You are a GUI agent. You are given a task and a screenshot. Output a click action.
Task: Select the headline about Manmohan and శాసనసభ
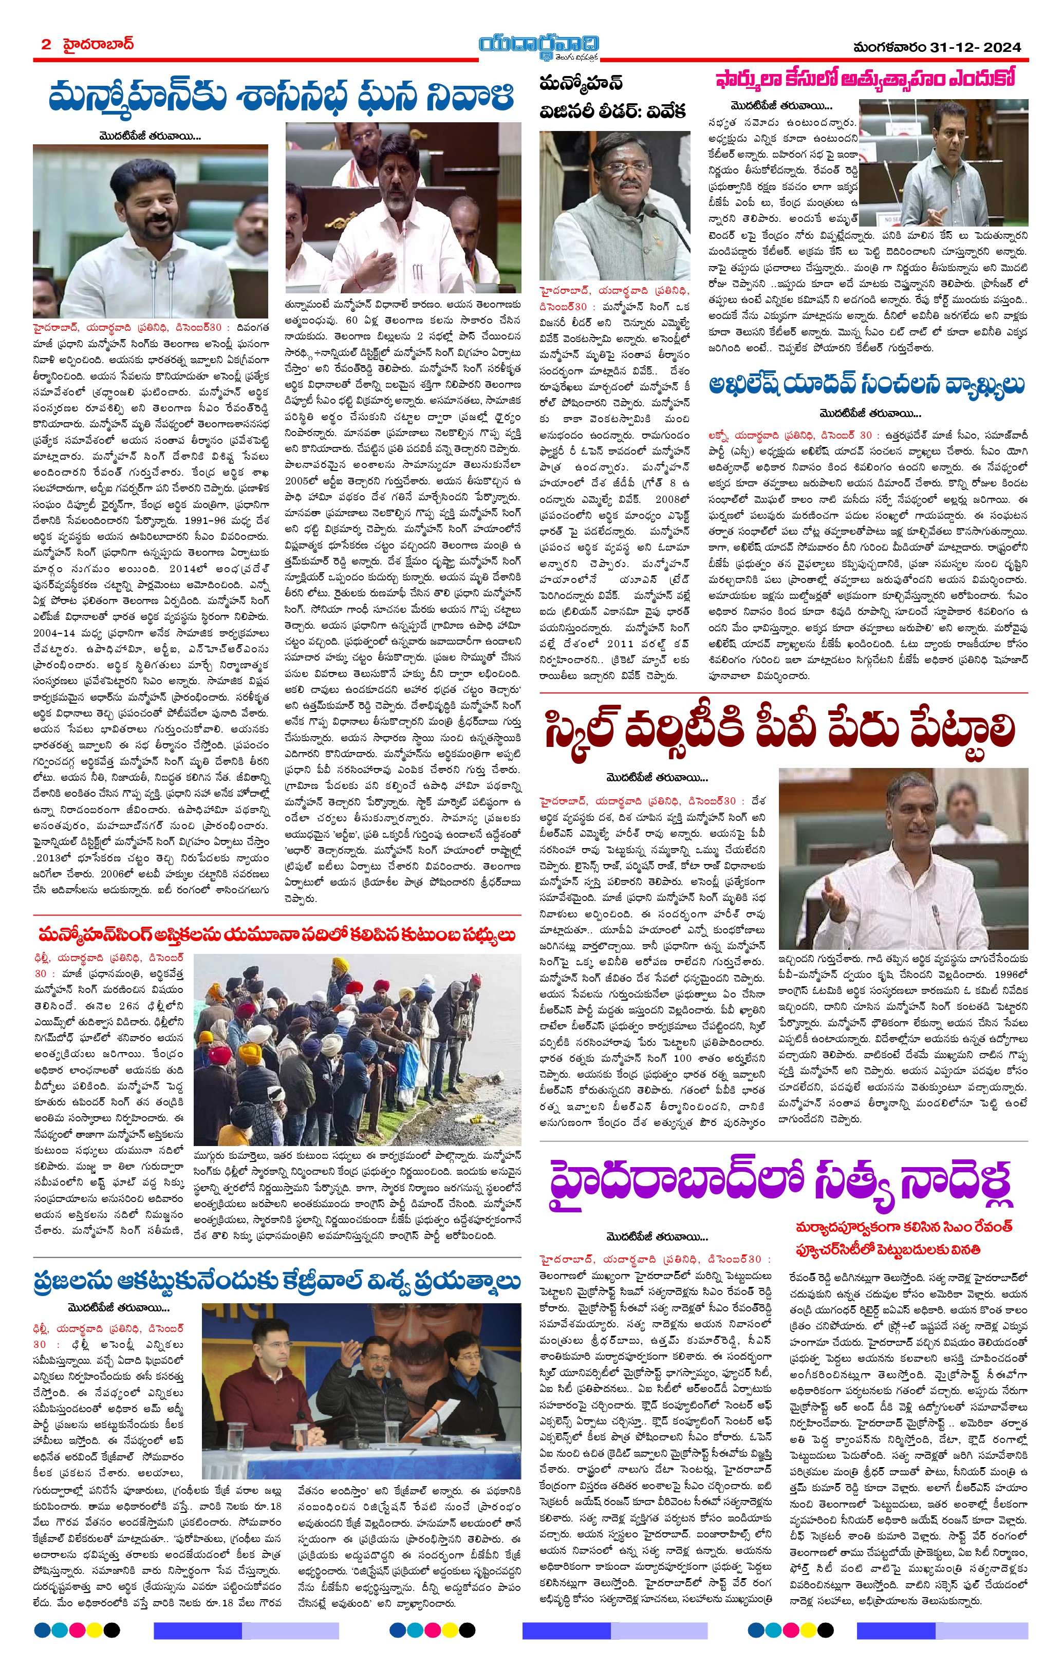(281, 97)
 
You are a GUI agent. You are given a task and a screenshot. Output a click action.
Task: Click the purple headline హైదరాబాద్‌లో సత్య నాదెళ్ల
(780, 1185)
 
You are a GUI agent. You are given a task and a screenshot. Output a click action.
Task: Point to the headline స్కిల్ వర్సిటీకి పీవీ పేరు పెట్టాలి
(780, 730)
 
